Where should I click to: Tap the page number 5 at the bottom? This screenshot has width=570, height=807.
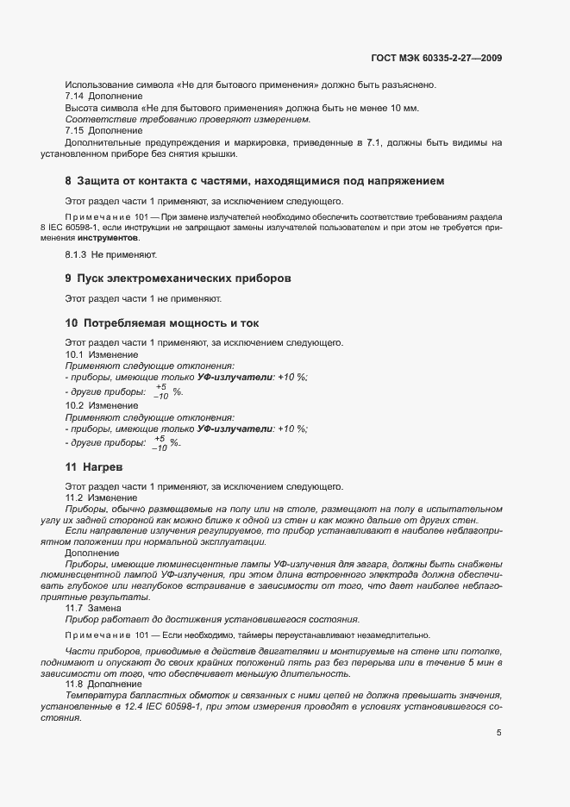click(499, 733)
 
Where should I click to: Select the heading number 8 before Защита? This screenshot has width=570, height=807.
click(68, 182)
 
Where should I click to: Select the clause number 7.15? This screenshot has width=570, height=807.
click(77, 130)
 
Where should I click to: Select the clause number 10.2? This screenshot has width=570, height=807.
click(77, 405)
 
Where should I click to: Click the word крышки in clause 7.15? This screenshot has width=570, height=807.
click(192, 154)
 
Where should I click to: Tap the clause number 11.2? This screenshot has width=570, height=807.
click(77, 497)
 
